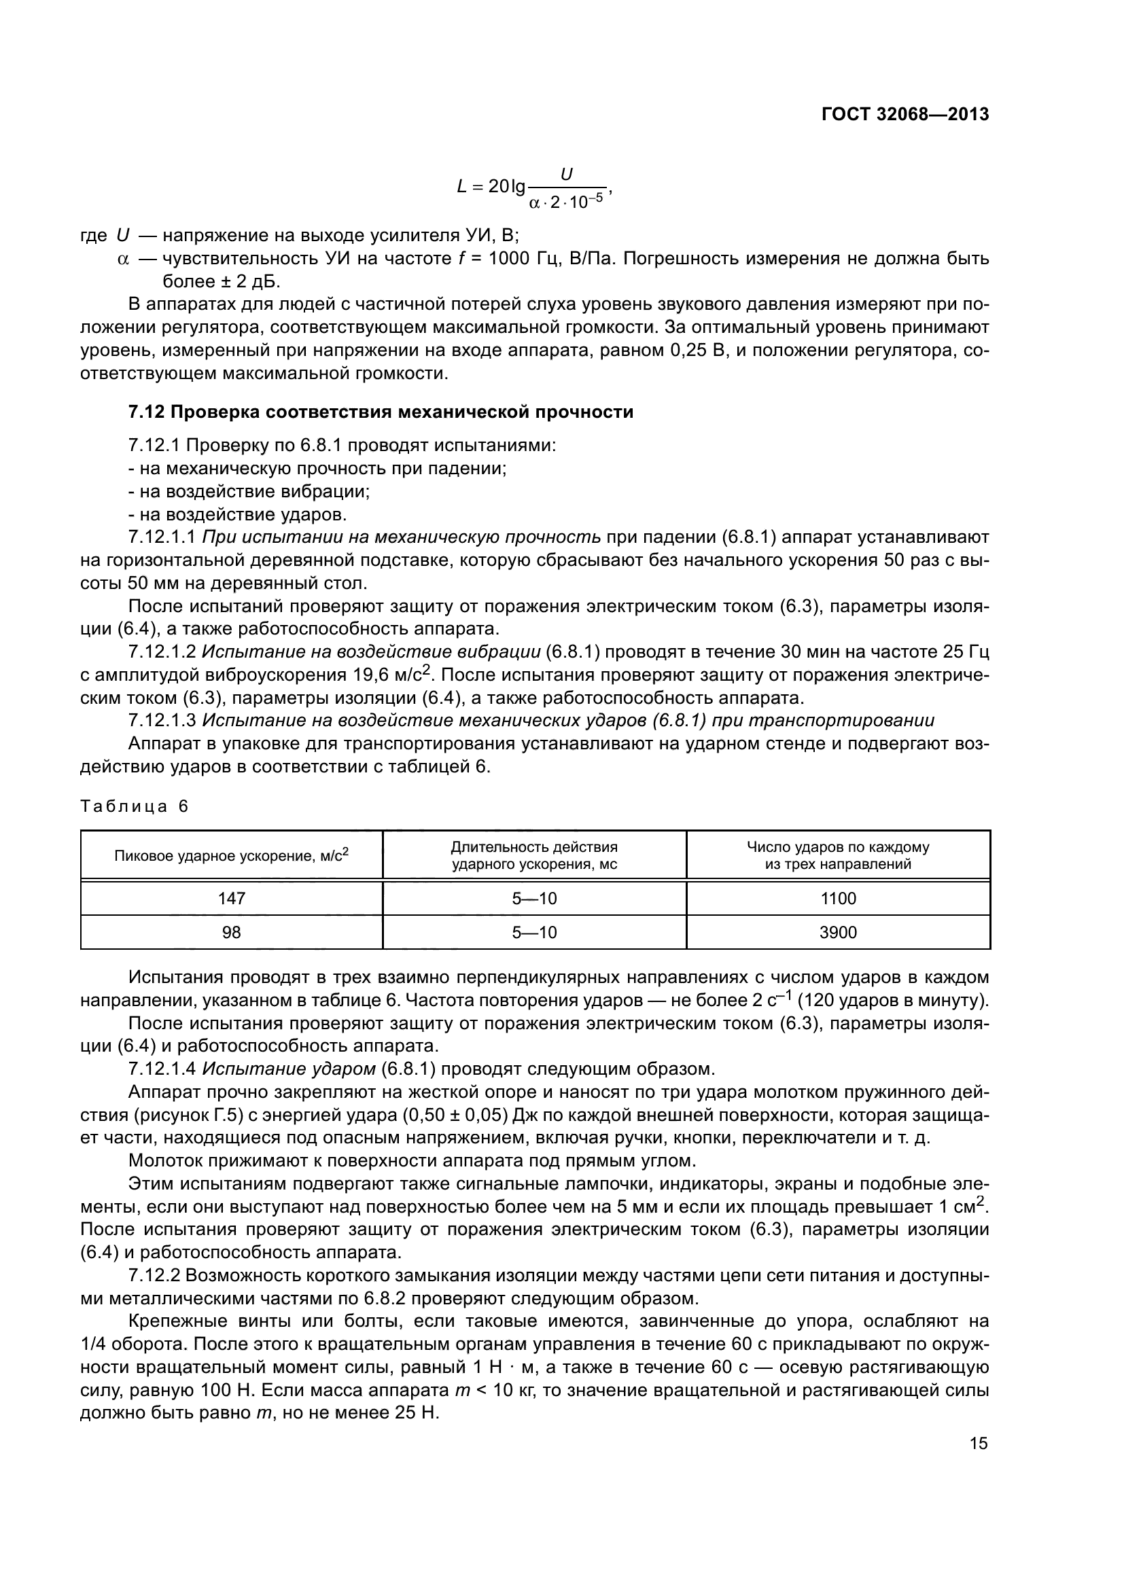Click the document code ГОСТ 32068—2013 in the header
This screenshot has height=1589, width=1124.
point(905,115)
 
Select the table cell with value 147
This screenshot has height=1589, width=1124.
point(231,898)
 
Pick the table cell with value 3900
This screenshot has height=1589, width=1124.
point(837,932)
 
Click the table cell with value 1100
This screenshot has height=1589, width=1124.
point(837,898)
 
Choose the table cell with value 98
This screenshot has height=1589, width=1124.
point(231,932)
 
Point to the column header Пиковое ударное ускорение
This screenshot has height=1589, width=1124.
point(231,855)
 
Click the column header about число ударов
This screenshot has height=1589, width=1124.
point(837,855)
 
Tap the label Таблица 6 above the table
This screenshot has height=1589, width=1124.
point(135,806)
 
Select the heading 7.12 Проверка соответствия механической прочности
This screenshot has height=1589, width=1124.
point(381,412)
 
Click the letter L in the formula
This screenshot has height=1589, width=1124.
point(462,186)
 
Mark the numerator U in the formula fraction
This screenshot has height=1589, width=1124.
point(566,175)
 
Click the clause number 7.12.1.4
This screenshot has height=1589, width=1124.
point(162,1069)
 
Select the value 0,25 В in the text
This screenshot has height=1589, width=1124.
point(697,350)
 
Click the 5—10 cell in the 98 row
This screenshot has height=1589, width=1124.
point(533,932)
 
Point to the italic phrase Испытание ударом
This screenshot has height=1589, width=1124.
point(289,1069)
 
